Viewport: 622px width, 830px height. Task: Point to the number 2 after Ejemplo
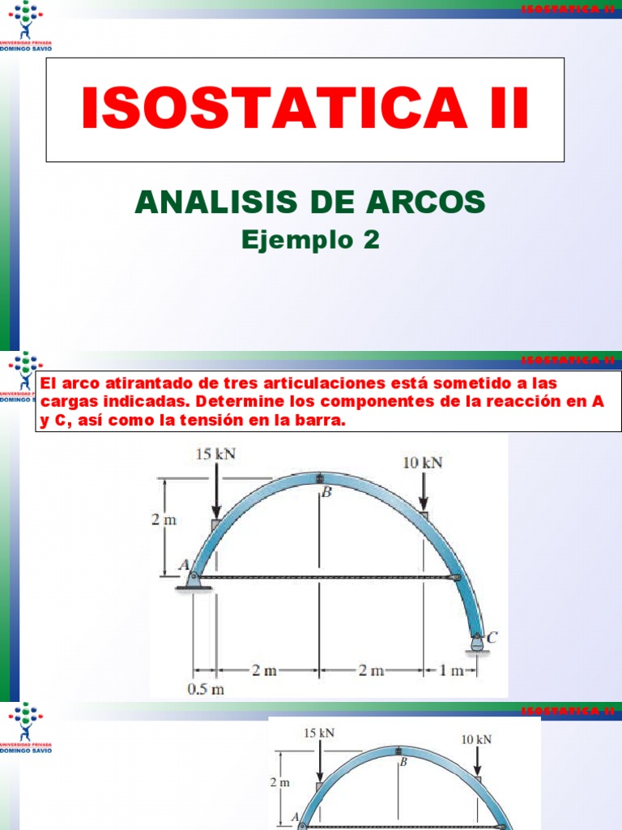pyautogui.click(x=371, y=240)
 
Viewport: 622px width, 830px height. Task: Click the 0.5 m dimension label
pyautogui.click(x=205, y=690)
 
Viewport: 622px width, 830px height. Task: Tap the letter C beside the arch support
pyautogui.click(x=492, y=638)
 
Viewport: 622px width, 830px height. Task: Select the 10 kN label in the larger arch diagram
pyautogui.click(x=423, y=463)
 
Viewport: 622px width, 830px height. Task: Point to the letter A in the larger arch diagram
pyautogui.click(x=183, y=565)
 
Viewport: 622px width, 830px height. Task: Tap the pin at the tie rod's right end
pyautogui.click(x=456, y=578)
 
